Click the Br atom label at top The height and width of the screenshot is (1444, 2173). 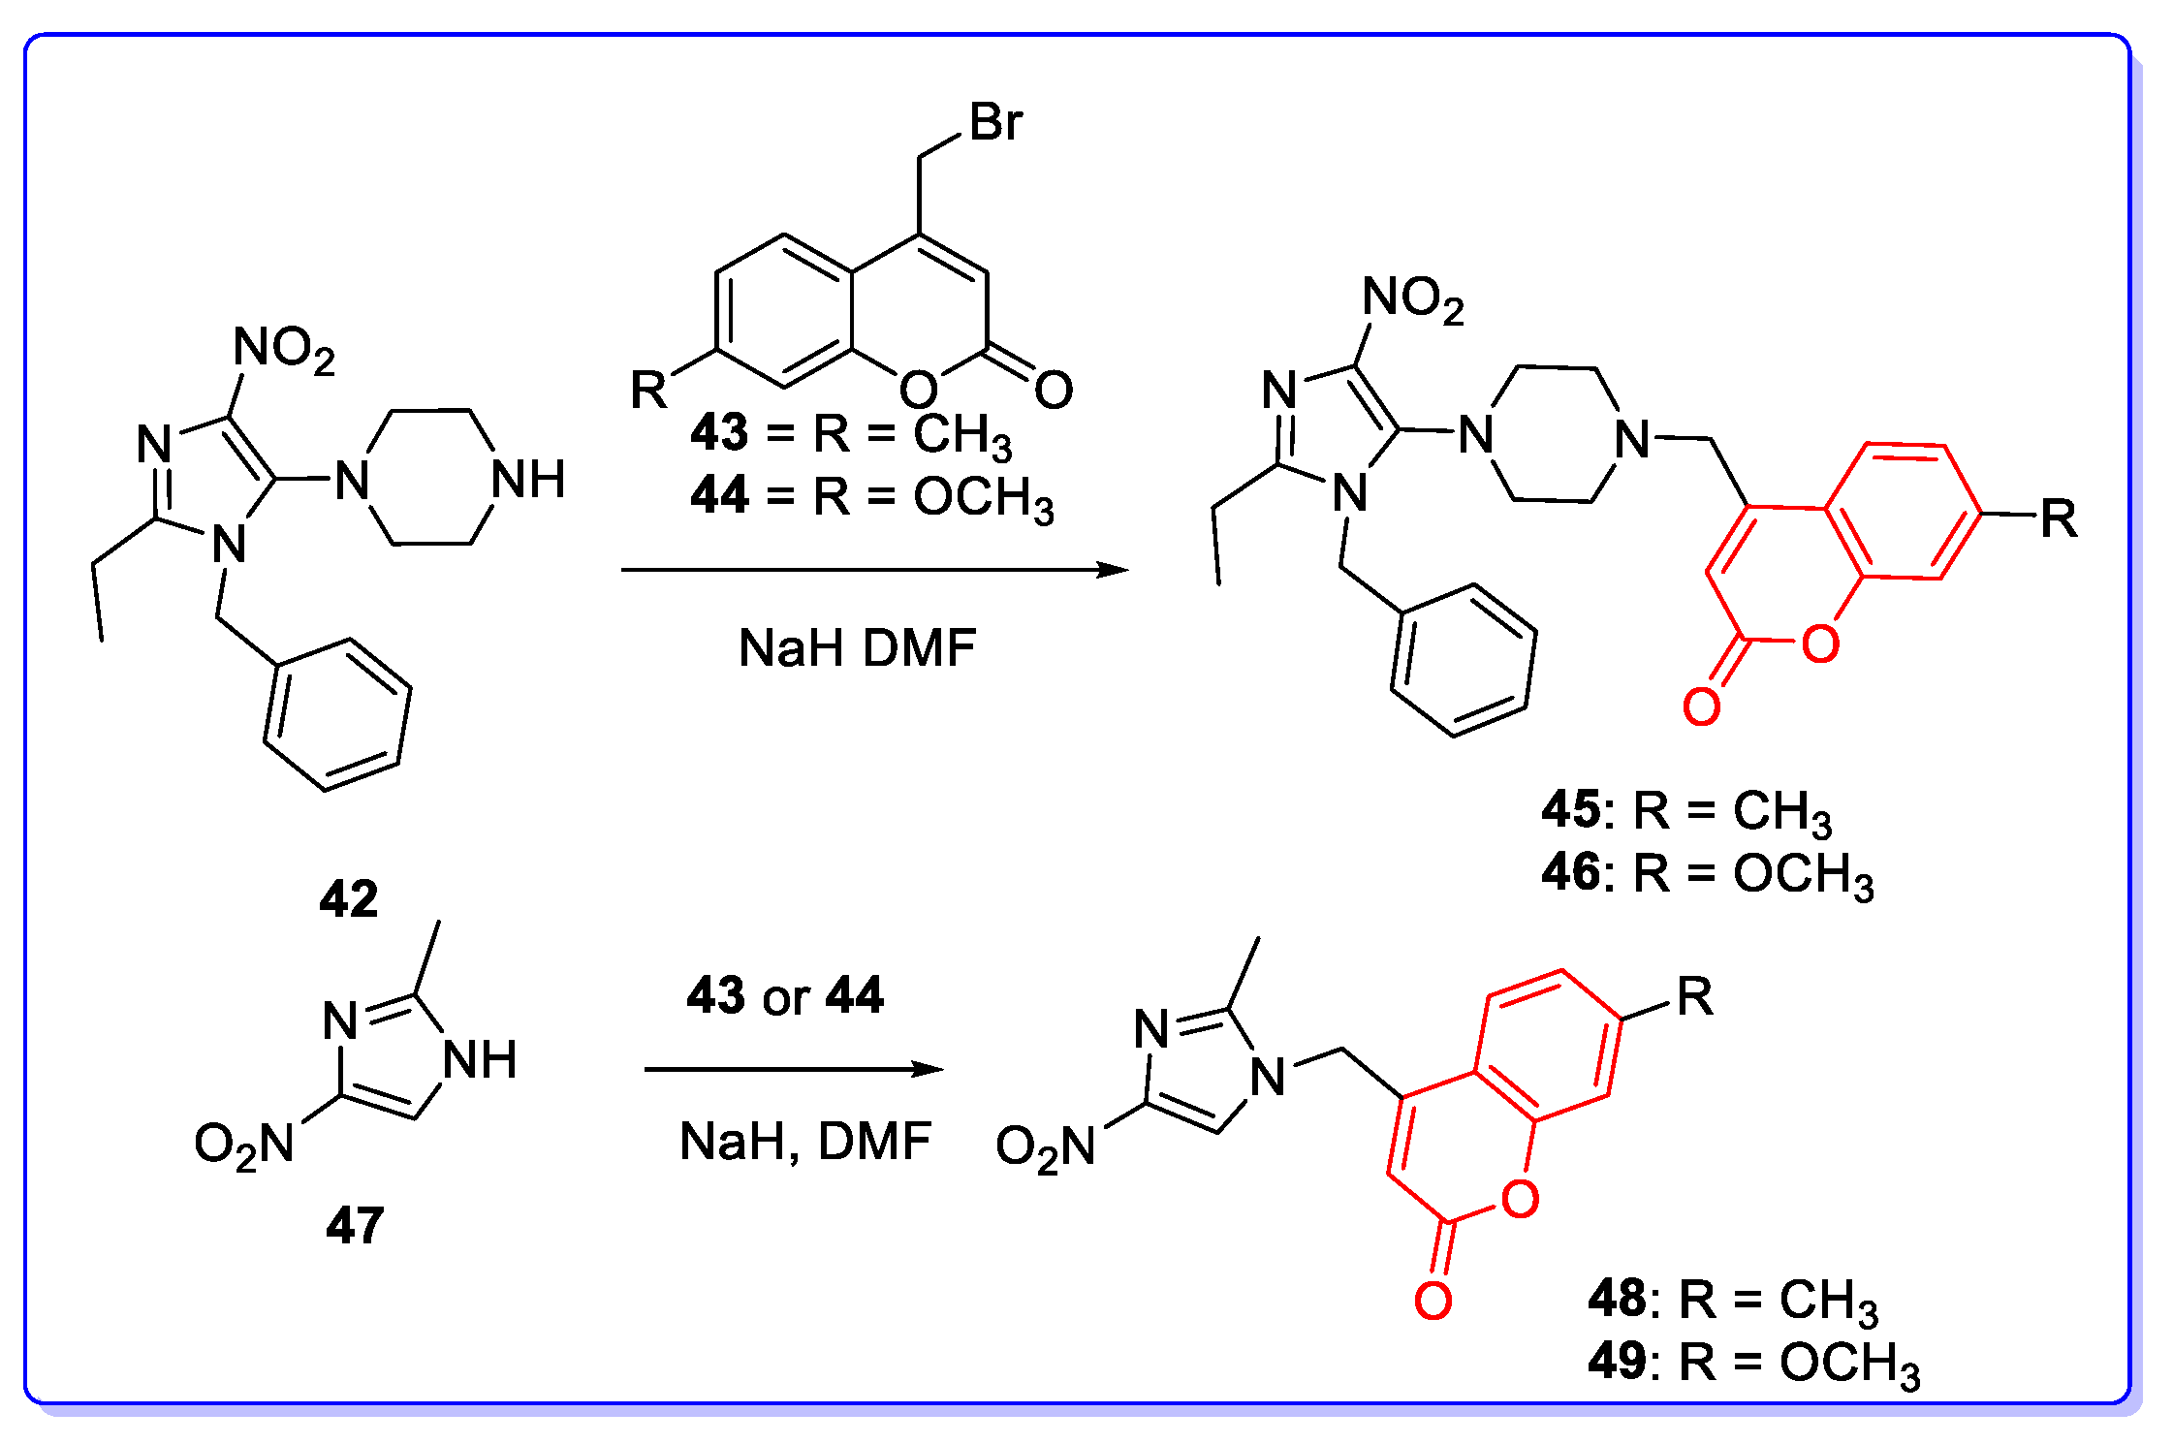[995, 123]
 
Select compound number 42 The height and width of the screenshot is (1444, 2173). [348, 899]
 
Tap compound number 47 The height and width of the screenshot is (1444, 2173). [355, 1225]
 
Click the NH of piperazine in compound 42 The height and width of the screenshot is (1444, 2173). [528, 480]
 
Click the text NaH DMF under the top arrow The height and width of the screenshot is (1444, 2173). [857, 647]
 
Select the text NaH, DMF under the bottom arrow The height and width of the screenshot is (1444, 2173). [804, 1142]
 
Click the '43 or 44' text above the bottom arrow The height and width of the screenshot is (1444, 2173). [785, 995]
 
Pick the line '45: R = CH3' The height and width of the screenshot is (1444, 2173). [1686, 810]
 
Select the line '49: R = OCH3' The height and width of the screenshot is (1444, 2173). [1753, 1363]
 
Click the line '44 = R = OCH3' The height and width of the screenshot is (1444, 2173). [871, 496]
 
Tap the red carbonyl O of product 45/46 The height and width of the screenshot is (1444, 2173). [1702, 706]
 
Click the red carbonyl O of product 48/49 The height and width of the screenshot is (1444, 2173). [1433, 1301]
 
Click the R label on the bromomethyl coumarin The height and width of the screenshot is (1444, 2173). [648, 390]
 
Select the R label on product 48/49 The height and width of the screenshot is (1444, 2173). [1694, 996]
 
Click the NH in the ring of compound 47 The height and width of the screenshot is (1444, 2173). [480, 1059]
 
